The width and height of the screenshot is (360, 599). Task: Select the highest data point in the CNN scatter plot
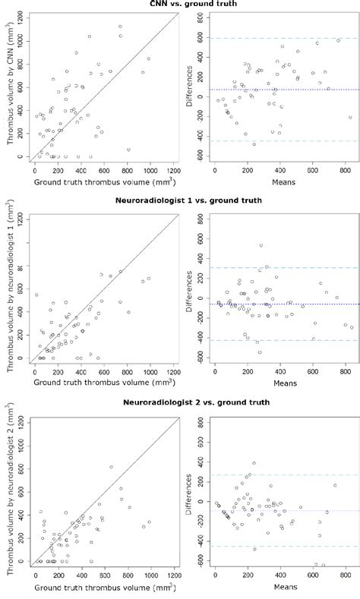120,27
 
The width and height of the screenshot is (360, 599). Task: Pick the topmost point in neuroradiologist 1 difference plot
261,245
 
